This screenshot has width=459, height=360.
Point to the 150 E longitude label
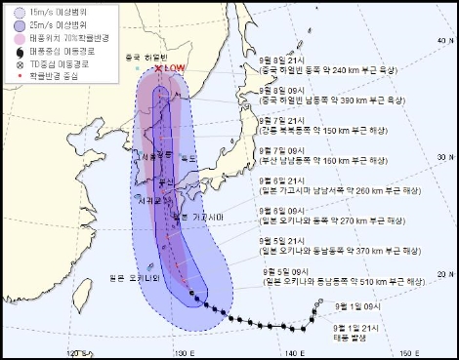click(x=401, y=351)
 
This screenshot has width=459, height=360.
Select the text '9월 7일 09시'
click(x=280, y=150)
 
